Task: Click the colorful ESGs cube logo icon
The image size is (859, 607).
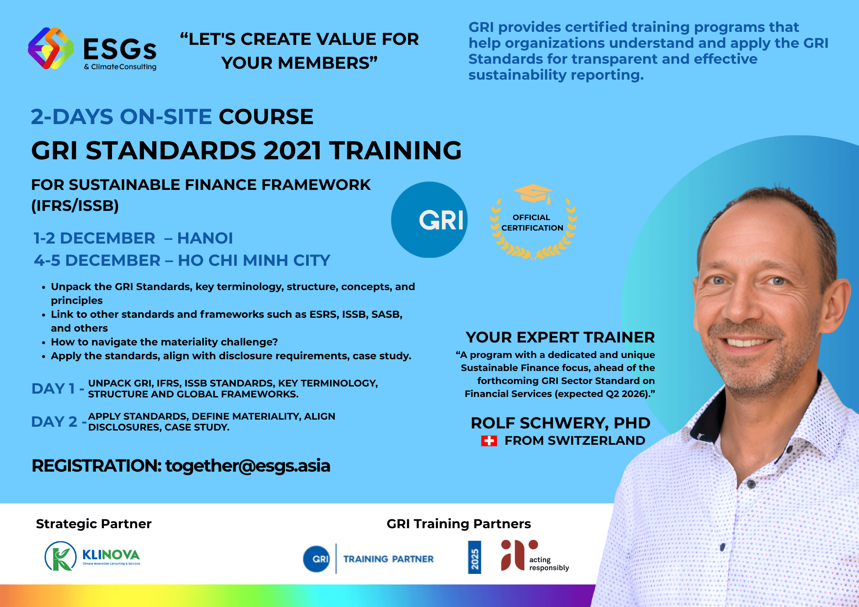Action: pos(51,48)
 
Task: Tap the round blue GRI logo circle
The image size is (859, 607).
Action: pos(429,220)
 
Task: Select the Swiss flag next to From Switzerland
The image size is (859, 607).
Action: pos(489,441)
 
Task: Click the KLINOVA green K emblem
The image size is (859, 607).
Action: pos(61,556)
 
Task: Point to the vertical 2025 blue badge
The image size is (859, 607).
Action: pos(474,557)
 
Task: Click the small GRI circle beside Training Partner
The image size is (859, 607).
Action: pos(317,559)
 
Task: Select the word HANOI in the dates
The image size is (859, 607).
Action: pos(205,238)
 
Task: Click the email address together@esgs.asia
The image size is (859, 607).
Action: pos(248,466)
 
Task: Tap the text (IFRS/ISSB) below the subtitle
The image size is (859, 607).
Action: pos(75,206)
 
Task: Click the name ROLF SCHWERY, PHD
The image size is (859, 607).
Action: pos(560,423)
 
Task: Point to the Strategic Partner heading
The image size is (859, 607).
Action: pos(94,524)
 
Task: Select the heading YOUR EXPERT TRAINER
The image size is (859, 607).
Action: pos(560,337)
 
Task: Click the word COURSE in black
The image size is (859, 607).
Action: pos(266,117)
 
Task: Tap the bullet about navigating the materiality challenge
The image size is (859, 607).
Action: pos(164,342)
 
